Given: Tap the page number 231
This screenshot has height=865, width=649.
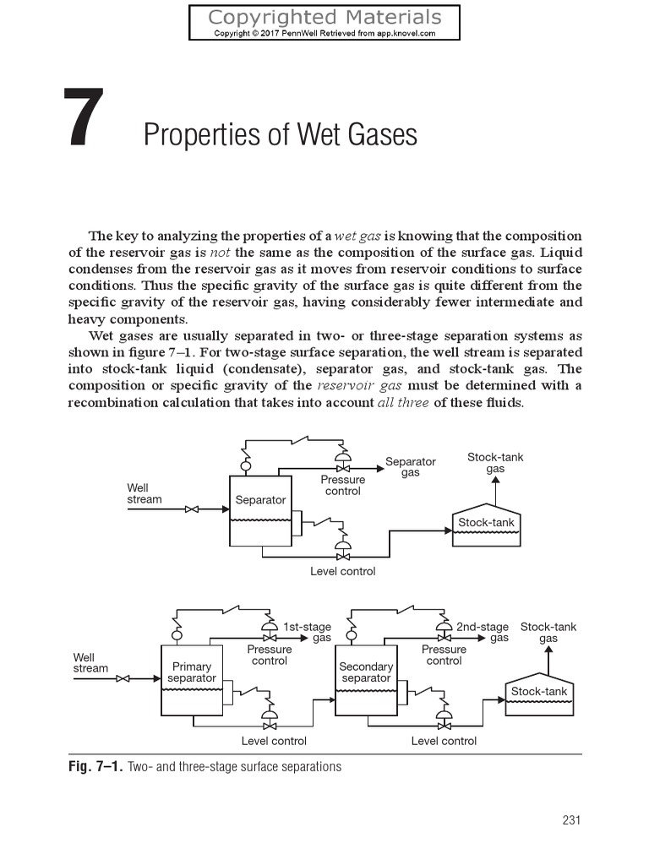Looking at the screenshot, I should pyautogui.click(x=571, y=819).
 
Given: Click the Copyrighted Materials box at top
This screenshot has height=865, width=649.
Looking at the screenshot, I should pyautogui.click(x=324, y=23).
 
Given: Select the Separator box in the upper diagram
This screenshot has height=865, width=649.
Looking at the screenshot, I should pyautogui.click(x=260, y=509).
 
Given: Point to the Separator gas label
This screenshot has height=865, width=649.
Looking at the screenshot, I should pyautogui.click(x=411, y=467).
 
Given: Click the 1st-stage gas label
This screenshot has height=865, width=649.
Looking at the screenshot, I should pyautogui.click(x=308, y=633).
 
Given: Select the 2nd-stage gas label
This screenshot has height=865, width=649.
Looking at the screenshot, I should pyautogui.click(x=483, y=633).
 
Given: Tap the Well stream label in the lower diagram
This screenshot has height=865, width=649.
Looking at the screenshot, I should pyautogui.click(x=90, y=663).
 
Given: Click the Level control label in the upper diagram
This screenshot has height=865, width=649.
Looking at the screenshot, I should pyautogui.click(x=342, y=571).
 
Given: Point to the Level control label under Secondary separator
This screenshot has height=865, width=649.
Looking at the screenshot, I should pyautogui.click(x=444, y=741).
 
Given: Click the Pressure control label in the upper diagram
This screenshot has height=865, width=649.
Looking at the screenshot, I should pyautogui.click(x=343, y=485).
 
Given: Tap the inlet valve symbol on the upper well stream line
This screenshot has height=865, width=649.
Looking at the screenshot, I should pyautogui.click(x=192, y=509).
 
